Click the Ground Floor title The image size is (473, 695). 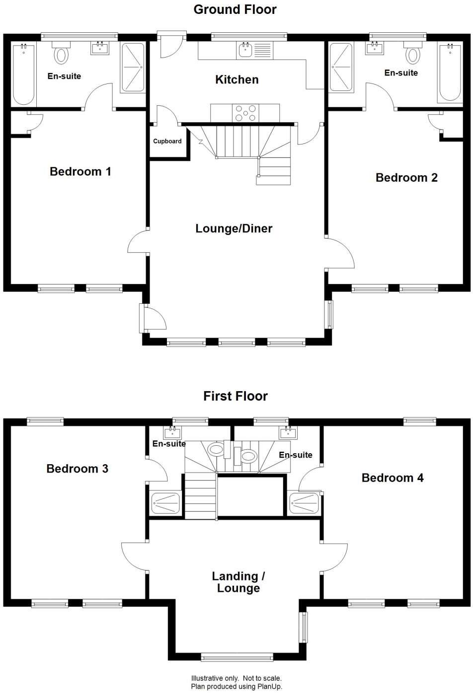pyautogui.click(x=235, y=9)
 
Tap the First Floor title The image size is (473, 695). pyautogui.click(x=235, y=396)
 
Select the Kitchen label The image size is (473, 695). pyautogui.click(x=236, y=79)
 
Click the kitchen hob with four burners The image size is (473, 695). pyautogui.click(x=245, y=113)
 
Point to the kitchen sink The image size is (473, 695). pyautogui.click(x=245, y=50)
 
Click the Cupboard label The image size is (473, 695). pyautogui.click(x=167, y=141)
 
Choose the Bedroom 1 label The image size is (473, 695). pyautogui.click(x=80, y=172)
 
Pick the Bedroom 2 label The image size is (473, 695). pyautogui.click(x=406, y=178)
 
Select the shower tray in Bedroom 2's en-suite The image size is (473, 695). pyautogui.click(x=341, y=68)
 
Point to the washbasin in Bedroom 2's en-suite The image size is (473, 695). pyautogui.click(x=374, y=48)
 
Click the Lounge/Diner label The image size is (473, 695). pyautogui.click(x=234, y=228)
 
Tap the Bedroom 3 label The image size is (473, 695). pyautogui.click(x=77, y=469)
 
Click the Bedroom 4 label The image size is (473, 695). pyautogui.click(x=392, y=478)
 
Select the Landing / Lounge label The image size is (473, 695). pyautogui.click(x=238, y=582)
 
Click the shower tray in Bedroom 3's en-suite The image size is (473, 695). pyautogui.click(x=165, y=503)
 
